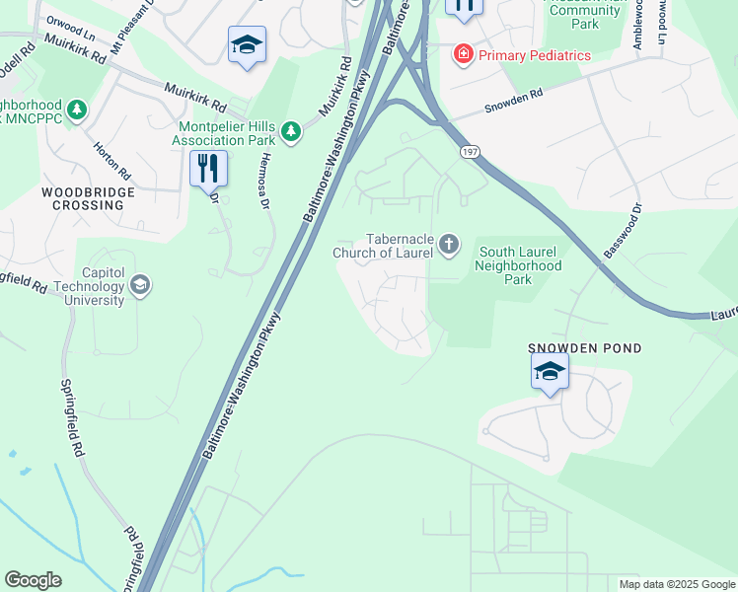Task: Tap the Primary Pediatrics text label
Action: (535, 55)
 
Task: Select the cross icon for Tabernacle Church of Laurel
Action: (449, 244)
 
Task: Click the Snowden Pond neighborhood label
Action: (585, 348)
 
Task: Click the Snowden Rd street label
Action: (514, 102)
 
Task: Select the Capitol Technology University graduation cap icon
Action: (141, 285)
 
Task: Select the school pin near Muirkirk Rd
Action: (247, 44)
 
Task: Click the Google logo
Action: (33, 580)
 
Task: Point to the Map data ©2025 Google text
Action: (676, 584)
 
